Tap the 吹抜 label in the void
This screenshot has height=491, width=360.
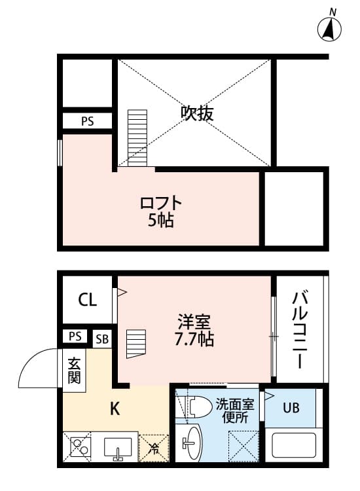click(x=197, y=113)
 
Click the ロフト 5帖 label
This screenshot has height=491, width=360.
click(x=161, y=211)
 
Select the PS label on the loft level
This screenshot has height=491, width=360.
click(x=87, y=121)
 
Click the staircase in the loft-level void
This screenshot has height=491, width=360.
click(x=137, y=137)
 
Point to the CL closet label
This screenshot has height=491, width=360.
click(x=87, y=300)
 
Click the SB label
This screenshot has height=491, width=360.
click(x=102, y=339)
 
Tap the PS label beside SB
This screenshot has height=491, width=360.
click(x=75, y=336)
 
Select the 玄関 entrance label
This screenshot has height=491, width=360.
click(x=74, y=371)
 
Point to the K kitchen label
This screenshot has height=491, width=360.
click(x=115, y=409)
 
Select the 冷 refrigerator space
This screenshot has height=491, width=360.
click(x=154, y=448)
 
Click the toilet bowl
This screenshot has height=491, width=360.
click(x=196, y=407)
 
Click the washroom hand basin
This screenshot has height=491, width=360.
click(x=191, y=443)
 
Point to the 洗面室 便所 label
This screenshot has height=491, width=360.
click(x=235, y=411)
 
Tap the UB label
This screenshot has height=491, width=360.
click(x=291, y=408)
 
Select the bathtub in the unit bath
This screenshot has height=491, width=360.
click(x=294, y=445)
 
